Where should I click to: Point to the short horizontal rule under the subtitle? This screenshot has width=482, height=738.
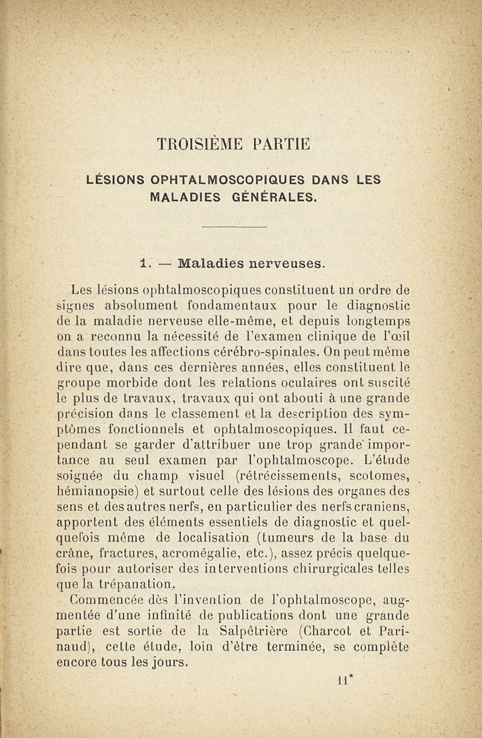click(234, 227)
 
